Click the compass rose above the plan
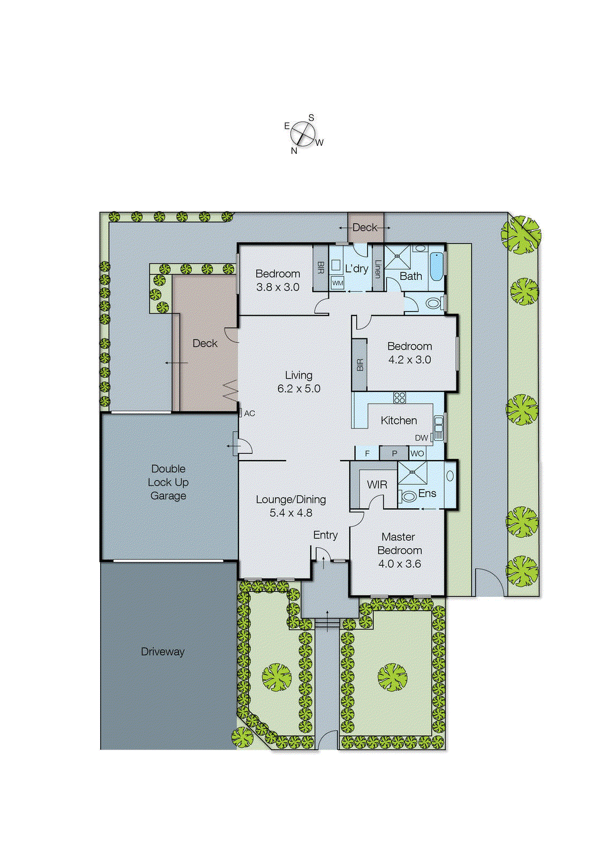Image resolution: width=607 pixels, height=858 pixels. point(303,134)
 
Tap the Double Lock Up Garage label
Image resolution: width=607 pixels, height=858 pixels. point(168,482)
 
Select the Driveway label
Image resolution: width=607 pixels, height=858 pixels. point(162,652)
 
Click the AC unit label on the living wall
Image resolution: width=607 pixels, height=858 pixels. point(249,413)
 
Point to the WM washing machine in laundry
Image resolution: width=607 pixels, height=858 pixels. point(338,283)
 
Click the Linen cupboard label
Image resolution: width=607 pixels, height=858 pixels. point(378,269)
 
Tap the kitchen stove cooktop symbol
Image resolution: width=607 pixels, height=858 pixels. point(400,398)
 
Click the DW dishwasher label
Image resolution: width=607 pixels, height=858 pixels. point(421,438)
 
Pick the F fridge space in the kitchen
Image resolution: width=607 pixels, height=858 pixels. point(367,454)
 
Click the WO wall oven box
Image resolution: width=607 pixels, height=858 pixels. point(417,454)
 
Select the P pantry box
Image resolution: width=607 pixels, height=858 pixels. point(394,454)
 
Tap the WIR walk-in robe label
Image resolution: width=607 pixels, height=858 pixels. point(377,485)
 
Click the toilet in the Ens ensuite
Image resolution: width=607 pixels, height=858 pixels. point(408,497)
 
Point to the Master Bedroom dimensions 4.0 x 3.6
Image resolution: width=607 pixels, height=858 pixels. point(399,564)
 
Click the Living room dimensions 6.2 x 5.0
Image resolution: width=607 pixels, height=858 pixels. point(298,389)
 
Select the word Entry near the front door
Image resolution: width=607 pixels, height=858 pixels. point(325,535)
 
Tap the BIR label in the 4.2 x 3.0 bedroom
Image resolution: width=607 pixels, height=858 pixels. point(359,365)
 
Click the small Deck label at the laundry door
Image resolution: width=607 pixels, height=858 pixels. point(365,227)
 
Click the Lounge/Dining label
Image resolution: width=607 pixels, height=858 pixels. point(290,500)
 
